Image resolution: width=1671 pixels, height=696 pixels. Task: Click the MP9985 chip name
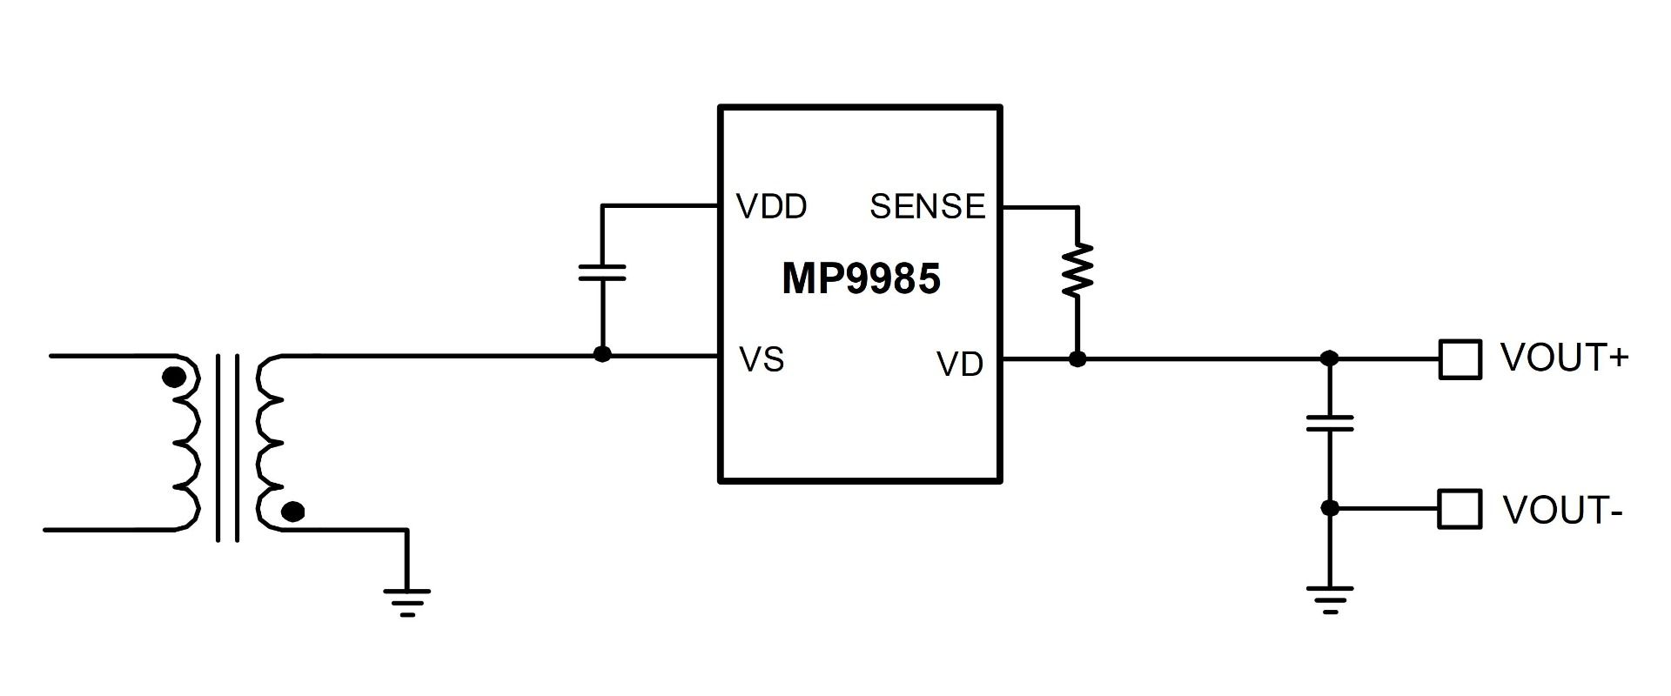click(x=861, y=279)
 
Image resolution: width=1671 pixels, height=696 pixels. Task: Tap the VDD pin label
click(x=771, y=206)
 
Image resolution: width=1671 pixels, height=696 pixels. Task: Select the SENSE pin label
click(x=927, y=206)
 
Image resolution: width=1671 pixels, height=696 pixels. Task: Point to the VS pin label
click(x=762, y=359)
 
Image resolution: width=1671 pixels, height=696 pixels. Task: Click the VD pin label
click(x=960, y=365)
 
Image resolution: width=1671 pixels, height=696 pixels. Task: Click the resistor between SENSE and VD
click(x=1077, y=271)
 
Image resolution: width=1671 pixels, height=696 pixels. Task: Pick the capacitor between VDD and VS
click(x=602, y=272)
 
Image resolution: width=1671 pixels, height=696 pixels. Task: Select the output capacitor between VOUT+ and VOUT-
click(x=1330, y=424)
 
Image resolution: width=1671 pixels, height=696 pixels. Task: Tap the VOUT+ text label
click(x=1564, y=358)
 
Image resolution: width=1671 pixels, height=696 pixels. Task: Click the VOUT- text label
click(x=1562, y=511)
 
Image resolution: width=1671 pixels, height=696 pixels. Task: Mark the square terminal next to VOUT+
click(x=1460, y=358)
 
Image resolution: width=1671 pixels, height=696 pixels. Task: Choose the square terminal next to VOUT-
click(x=1460, y=509)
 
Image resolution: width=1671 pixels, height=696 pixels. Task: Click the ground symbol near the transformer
click(x=406, y=601)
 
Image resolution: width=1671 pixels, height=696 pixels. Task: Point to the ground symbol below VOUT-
click(x=1330, y=599)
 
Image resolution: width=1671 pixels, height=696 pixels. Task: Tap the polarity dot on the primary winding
click(x=175, y=378)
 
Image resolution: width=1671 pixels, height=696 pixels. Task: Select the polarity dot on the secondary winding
click(x=294, y=512)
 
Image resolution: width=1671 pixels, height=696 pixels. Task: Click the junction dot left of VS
click(x=601, y=354)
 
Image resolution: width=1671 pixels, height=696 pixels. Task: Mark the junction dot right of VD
click(x=1077, y=358)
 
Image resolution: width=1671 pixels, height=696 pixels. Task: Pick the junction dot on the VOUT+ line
click(x=1330, y=358)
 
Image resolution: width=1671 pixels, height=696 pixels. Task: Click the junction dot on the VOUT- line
click(x=1330, y=508)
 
